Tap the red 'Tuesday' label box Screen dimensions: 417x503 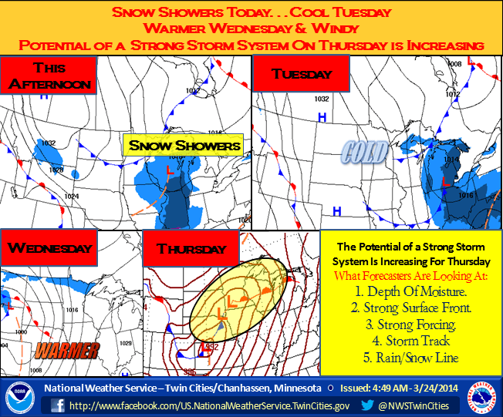coord(302,75)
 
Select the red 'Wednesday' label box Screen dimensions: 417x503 coord(50,248)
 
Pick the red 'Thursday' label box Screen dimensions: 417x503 coord(191,249)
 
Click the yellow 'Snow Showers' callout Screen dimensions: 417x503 coord(184,145)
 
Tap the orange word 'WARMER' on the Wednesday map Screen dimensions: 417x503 coord(67,351)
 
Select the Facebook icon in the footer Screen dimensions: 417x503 coord(58,405)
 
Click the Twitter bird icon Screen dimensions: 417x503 coord(370,405)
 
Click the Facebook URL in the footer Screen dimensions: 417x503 coord(208,405)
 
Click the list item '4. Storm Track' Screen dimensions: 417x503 coord(411,341)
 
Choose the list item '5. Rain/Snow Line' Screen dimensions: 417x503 coord(411,358)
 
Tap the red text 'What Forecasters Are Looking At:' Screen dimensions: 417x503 coord(411,274)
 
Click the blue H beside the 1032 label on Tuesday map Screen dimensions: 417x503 coord(322,116)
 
